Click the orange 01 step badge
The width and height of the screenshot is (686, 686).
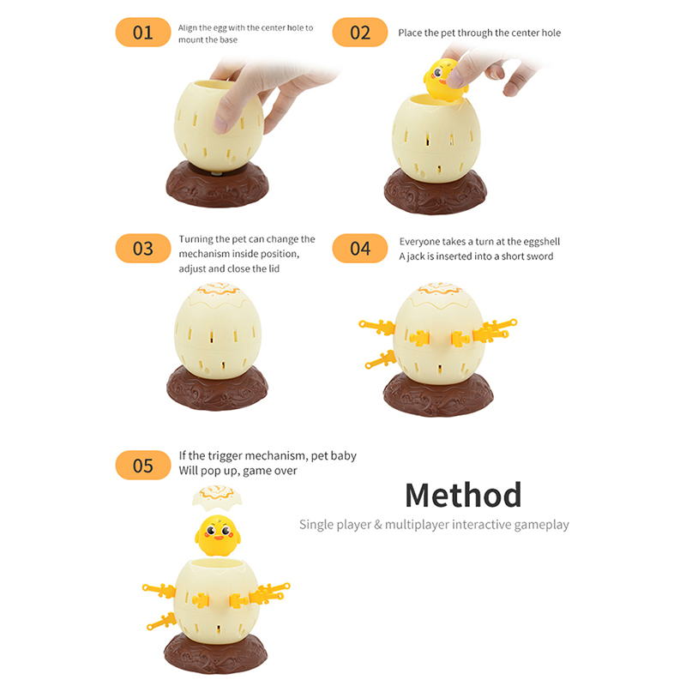click(x=143, y=33)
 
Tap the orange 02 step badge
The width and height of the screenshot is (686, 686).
click(x=360, y=33)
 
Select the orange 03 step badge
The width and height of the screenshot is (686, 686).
click(x=143, y=249)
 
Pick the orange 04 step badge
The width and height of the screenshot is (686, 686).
click(x=360, y=249)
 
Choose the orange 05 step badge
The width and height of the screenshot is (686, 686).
click(x=143, y=465)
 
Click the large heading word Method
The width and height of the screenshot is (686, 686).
click(x=463, y=496)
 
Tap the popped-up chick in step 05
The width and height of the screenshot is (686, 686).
click(x=218, y=535)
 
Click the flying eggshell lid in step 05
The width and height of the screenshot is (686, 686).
click(x=217, y=497)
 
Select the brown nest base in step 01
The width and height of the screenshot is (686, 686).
click(x=218, y=184)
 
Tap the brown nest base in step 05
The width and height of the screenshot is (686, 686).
click(x=216, y=653)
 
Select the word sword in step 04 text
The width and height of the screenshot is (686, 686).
click(x=540, y=256)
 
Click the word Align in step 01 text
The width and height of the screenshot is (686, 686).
click(x=187, y=28)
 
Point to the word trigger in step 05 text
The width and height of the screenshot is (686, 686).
click(x=225, y=456)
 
